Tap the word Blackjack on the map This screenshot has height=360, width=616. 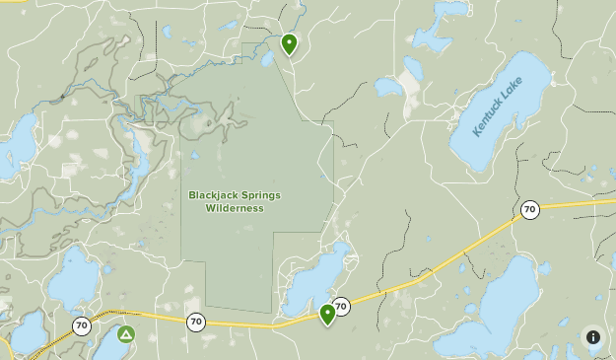[213, 195]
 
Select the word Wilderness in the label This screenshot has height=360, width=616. [235, 208]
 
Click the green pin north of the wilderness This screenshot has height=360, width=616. [289, 43]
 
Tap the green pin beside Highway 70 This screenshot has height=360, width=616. [327, 314]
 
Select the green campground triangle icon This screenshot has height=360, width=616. [125, 334]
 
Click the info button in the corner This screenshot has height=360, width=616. [593, 337]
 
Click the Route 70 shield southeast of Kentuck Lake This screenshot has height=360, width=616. [530, 209]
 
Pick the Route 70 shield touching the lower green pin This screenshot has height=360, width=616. [341, 307]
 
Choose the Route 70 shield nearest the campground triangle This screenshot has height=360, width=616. [81, 324]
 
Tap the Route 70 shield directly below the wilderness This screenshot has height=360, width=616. [196, 321]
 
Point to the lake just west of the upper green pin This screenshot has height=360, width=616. [268, 59]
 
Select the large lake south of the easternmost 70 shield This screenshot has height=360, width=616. [493, 311]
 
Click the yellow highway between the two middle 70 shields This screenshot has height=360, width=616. [266, 324]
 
